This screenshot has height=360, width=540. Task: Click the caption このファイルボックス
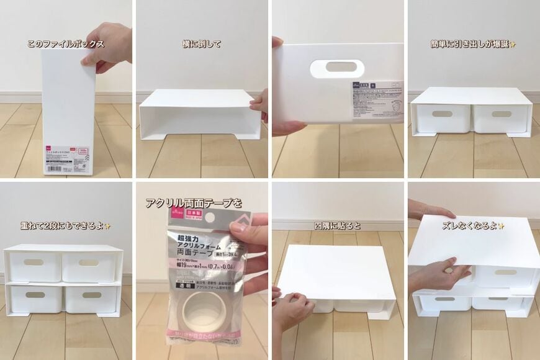click(65, 44)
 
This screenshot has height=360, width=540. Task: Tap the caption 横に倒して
click(202, 44)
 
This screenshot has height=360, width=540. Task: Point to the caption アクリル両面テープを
click(193, 203)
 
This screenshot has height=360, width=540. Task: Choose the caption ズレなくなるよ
click(473, 226)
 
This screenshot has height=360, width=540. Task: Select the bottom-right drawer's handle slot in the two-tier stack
click(91, 295)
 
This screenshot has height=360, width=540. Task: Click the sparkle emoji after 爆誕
click(513, 44)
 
